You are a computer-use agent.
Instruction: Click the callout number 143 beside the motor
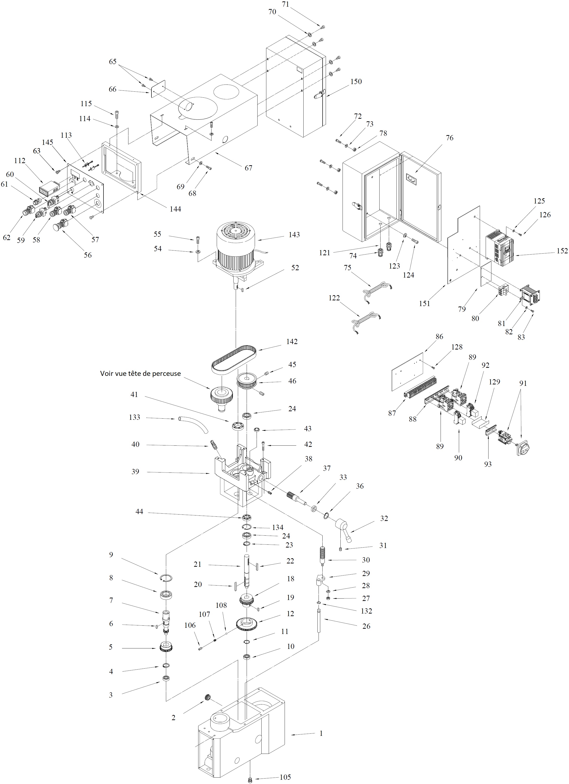point(294,235)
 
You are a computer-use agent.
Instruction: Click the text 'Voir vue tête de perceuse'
point(140,373)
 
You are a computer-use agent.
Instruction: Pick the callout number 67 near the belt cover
point(248,168)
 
